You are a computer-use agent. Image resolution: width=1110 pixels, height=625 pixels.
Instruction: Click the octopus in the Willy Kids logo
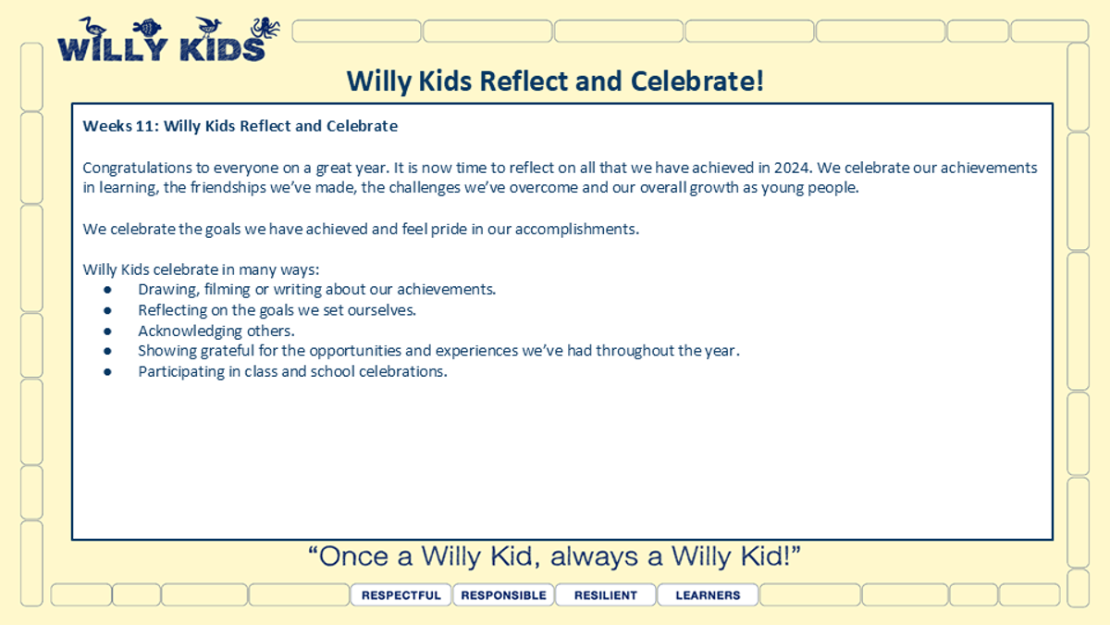(x=265, y=28)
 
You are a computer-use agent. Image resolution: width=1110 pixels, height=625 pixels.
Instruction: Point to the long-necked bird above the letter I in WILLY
(x=92, y=26)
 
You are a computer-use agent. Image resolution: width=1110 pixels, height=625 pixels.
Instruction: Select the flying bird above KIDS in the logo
(x=208, y=26)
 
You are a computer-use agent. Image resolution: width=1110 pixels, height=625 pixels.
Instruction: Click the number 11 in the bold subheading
(x=145, y=126)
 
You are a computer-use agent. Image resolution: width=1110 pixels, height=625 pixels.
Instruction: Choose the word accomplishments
(x=577, y=230)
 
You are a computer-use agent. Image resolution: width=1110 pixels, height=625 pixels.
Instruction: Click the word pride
(x=449, y=230)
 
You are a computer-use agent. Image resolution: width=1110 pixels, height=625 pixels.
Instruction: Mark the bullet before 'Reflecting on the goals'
(x=107, y=311)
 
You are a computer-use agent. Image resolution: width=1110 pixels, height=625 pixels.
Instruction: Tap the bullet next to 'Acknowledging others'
(x=107, y=331)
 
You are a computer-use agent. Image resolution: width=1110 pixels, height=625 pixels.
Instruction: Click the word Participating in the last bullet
(x=181, y=372)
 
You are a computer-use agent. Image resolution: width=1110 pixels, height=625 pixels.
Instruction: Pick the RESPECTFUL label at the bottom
(x=401, y=595)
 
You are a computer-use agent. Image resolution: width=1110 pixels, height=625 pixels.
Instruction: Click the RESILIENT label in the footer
(x=606, y=595)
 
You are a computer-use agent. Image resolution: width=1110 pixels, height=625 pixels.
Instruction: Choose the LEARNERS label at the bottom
(x=708, y=595)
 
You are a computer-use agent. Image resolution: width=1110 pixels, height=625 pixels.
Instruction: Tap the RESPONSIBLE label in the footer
(x=503, y=595)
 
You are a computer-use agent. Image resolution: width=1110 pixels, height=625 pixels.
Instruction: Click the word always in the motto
(x=594, y=557)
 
